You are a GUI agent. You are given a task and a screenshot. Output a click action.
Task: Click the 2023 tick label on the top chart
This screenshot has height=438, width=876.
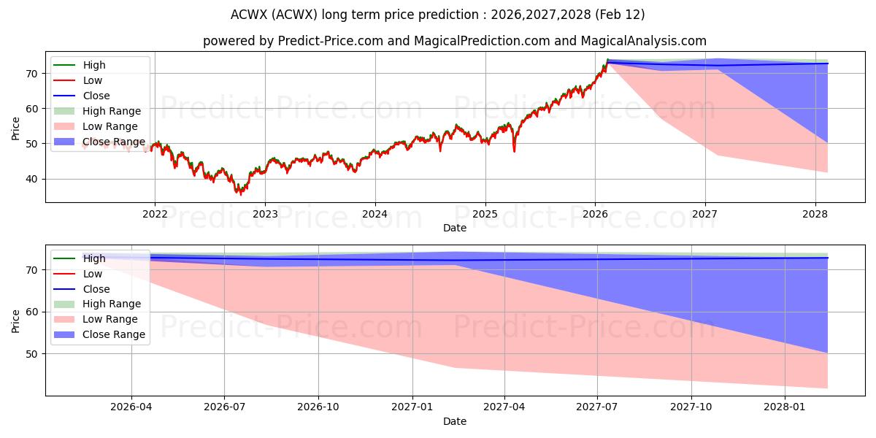(x=264, y=214)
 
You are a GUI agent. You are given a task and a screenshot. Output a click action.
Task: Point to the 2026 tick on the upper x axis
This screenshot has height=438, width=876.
(x=595, y=214)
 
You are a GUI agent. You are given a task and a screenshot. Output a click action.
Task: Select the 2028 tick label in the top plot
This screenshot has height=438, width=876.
(x=815, y=214)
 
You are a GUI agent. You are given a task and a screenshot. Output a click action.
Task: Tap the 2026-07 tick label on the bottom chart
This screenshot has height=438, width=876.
(x=225, y=407)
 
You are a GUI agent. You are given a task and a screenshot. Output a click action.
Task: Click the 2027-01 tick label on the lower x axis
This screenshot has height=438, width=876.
(x=412, y=407)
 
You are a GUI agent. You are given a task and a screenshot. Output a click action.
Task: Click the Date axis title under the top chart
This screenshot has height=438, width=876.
(x=454, y=228)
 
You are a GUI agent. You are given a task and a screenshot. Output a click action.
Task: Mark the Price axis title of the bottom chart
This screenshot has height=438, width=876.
(x=16, y=320)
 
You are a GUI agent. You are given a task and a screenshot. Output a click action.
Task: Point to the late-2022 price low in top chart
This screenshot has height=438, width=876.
(x=240, y=193)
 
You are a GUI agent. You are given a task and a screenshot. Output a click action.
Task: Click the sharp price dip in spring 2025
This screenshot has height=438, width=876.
(x=514, y=150)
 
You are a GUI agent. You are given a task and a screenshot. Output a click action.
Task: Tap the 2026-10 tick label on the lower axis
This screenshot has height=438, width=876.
(x=319, y=407)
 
